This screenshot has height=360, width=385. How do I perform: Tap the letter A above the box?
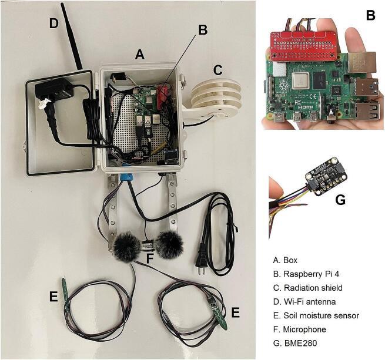pos(139,54)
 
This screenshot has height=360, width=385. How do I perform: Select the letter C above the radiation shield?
pos(218,70)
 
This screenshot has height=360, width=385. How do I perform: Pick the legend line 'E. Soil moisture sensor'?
pos(316,315)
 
